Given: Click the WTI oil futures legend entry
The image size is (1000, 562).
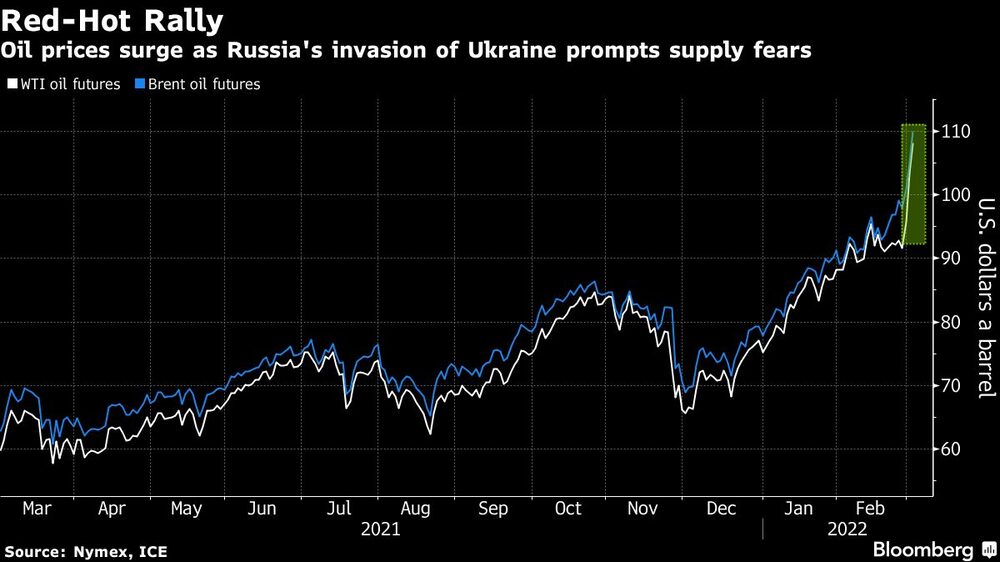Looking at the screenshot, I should coord(64,84).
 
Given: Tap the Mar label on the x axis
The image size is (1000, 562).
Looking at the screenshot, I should coord(37,509).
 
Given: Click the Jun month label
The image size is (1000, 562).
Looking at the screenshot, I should coord(261,509).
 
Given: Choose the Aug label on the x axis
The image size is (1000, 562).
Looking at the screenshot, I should coord(416,509).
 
